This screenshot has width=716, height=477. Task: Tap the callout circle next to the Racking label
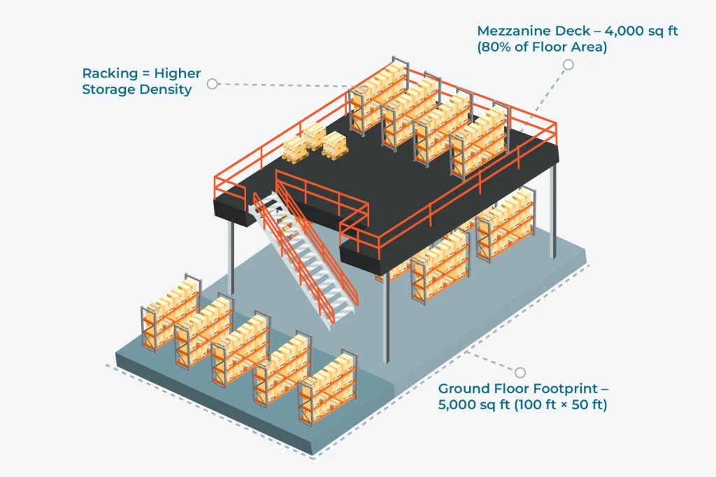click(x=213, y=83)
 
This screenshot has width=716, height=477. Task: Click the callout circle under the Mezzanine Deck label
click(x=568, y=65)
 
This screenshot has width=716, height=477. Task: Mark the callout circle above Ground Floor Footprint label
click(x=520, y=372)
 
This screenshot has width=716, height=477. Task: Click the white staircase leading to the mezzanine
click(x=308, y=258)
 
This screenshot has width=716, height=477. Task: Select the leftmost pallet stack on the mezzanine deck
click(x=294, y=149)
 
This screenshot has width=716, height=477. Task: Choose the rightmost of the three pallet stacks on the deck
click(x=334, y=143)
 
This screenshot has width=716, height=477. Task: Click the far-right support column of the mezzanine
click(x=553, y=210)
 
